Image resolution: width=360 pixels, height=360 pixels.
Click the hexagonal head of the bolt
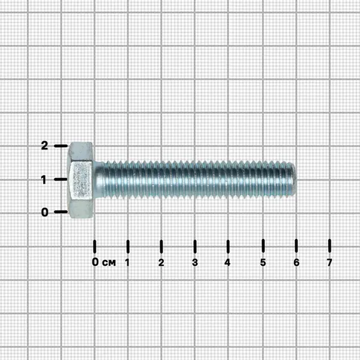pyautogui.click(x=80, y=180)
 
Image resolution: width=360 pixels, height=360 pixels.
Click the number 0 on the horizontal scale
pyautogui.click(x=95, y=262)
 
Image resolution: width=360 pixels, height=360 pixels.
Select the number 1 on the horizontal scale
pyautogui.click(x=127, y=262)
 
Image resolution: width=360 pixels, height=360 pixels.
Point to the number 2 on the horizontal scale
pyautogui.click(x=161, y=262)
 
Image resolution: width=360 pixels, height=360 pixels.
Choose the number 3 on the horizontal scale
pyautogui.click(x=195, y=262)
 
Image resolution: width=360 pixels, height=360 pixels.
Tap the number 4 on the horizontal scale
pyautogui.click(x=227, y=262)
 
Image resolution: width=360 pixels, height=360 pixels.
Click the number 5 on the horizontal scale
pyautogui.click(x=263, y=262)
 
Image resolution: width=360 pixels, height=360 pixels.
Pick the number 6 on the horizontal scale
pyautogui.click(x=296, y=262)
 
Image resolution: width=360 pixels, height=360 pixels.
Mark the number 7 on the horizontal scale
pyautogui.click(x=329, y=262)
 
